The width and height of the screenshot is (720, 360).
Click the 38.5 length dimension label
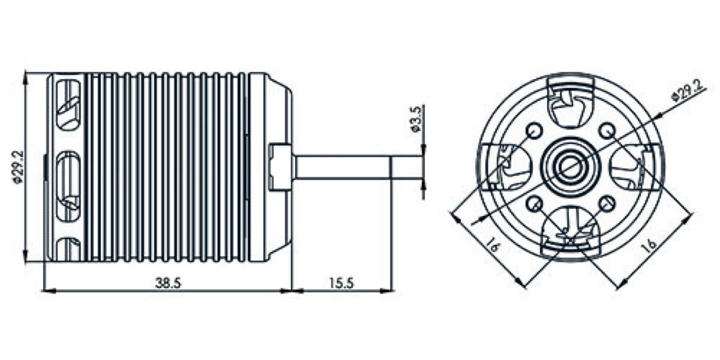[x=169, y=283]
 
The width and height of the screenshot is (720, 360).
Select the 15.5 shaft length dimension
[x=341, y=283]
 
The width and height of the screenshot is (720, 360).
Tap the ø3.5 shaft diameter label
[x=416, y=119]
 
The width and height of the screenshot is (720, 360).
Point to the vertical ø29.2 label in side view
[x=17, y=167]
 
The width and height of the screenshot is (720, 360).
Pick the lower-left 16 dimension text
[x=493, y=245]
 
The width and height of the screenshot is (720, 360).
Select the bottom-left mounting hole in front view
[x=535, y=204]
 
